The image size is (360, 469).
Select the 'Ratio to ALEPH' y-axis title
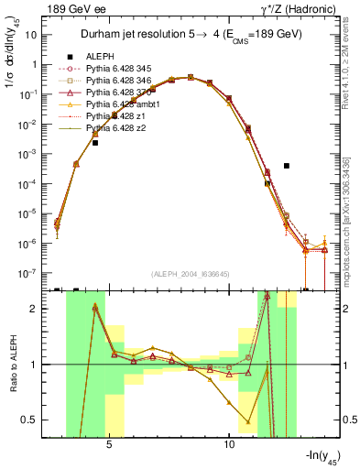12,365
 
